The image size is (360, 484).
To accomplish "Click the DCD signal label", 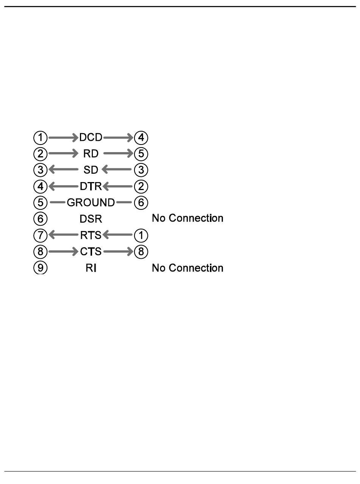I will (91, 137).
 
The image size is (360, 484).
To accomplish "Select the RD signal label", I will (91, 154).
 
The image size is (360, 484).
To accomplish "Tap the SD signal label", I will (91, 170).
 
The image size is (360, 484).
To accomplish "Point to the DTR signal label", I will (91, 187).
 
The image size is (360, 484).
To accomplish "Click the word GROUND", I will (91, 203).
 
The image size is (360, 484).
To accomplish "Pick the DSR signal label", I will (91, 219).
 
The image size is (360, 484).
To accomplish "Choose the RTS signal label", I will (91, 236).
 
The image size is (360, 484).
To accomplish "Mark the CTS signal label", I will (91, 252).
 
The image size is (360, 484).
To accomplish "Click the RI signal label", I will (91, 268).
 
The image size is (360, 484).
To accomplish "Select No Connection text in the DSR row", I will (187, 218).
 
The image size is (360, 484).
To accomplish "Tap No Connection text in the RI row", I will (187, 268).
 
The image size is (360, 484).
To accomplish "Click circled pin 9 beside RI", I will (41, 268).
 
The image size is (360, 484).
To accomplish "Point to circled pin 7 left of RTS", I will (41, 236).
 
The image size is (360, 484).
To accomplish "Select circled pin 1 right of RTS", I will (141, 236).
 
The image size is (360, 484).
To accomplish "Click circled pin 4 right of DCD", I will (141, 137).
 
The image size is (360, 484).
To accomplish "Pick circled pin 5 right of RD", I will (141, 154).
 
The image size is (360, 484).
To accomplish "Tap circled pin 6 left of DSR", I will (41, 219).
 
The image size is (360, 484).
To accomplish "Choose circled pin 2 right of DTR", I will (141, 187).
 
